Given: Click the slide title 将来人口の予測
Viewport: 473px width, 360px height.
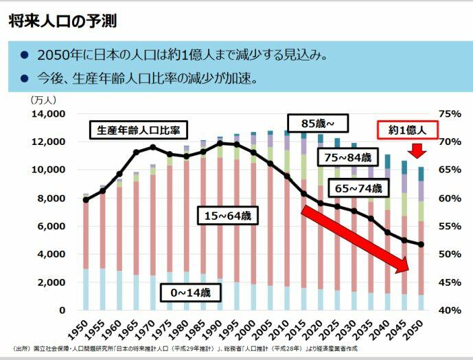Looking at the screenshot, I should point(62,21).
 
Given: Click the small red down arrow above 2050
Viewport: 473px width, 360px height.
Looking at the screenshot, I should point(419,151).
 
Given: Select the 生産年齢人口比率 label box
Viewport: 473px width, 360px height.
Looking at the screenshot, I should point(138,130).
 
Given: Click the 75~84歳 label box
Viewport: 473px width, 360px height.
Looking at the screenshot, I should point(349,157).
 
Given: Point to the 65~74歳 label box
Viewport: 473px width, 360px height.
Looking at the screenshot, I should point(359,188).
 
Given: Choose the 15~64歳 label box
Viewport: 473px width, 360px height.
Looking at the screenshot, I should point(228,216).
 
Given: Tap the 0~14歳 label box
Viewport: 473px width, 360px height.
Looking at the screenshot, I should point(195,293).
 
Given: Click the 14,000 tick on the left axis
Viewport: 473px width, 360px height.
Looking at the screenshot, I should point(48,113).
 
